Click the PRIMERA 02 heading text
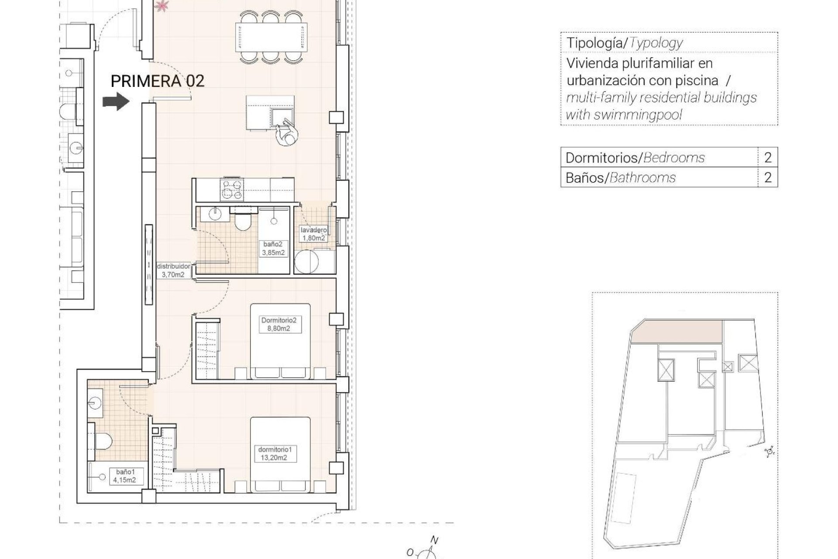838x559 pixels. coord(158,81)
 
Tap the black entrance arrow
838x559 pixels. coord(116,102)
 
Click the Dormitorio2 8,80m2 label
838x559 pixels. coord(278,324)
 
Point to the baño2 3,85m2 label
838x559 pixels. coord(274,248)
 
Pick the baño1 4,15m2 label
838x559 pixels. coord(124,476)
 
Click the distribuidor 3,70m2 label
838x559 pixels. coord(173,270)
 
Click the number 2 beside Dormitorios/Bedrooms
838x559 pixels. coord(768,157)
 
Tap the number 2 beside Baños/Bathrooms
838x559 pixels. coord(768,178)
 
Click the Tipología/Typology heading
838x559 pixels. coord(624,43)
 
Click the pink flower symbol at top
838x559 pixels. coord(162,5)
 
